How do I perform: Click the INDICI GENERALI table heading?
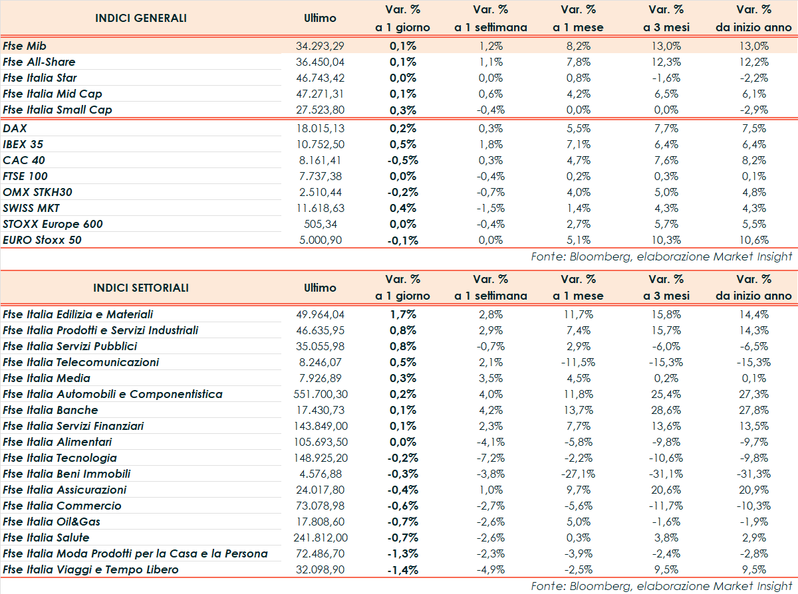coord(141,18)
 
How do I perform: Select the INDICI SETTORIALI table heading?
coord(141,288)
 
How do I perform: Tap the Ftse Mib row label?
coord(24,46)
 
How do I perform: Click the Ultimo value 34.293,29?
coord(320,46)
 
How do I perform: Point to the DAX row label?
coord(15,128)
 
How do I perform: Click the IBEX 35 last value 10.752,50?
coord(320,144)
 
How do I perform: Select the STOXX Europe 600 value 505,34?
coord(320,224)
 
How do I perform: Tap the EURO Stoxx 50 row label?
coord(43,240)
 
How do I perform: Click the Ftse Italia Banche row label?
coord(51,410)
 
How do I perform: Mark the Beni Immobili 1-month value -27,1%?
coord(578,474)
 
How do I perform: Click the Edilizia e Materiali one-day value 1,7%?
coord(403,314)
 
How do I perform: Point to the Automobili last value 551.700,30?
coord(320,394)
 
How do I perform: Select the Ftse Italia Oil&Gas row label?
coord(52,522)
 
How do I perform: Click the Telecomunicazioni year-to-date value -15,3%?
coord(753,362)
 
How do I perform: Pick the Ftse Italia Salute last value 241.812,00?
coord(320,538)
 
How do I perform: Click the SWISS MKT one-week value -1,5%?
coord(491,208)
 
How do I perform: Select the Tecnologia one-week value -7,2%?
coord(491,458)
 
